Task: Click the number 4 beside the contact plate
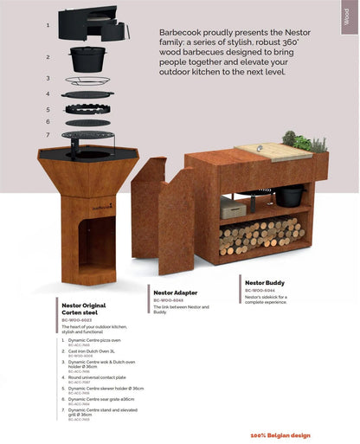tap(48, 94)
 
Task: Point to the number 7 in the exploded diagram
tap(48, 134)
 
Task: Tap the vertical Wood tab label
tap(348, 19)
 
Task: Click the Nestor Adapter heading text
tap(175, 293)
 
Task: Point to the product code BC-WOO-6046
tap(168, 300)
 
